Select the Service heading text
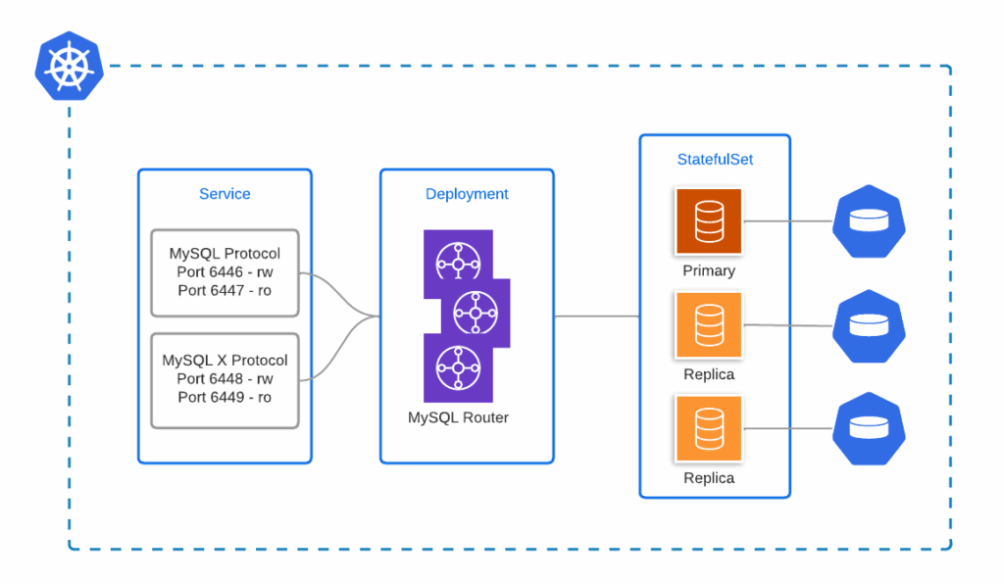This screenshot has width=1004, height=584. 225,194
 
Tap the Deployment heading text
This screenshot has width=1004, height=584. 467,194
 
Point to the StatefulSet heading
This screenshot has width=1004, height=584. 715,159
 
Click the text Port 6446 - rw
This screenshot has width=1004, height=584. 225,271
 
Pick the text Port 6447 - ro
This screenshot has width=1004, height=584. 225,290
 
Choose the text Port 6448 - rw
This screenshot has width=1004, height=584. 225,378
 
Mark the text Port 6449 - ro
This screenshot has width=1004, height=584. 225,397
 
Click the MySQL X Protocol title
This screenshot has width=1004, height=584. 225,360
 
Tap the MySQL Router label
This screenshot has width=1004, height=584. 458,417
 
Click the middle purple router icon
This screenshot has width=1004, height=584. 477,314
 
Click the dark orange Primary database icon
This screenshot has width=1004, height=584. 709,221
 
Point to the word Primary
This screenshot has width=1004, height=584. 709,270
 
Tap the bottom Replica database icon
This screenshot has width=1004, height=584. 709,428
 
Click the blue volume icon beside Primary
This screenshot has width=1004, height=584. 868,220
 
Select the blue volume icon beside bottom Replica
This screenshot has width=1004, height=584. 868,428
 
